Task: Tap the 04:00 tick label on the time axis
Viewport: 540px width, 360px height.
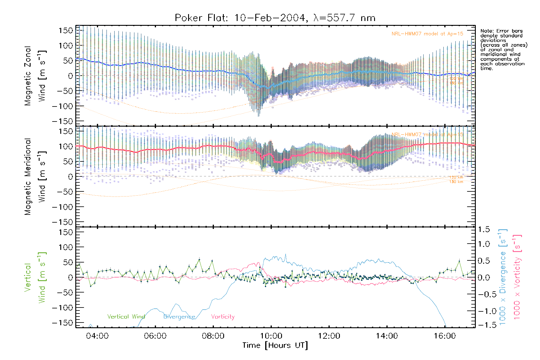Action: click(x=97, y=336)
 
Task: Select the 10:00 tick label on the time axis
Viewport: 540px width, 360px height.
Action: click(x=271, y=336)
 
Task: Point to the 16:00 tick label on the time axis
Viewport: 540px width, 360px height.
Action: click(x=445, y=336)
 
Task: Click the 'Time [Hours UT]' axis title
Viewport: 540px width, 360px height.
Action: click(x=275, y=346)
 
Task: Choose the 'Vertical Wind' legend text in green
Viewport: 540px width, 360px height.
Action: click(x=126, y=316)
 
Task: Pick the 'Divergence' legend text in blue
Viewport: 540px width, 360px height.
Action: click(x=179, y=316)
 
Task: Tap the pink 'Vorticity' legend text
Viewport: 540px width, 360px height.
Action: click(x=223, y=316)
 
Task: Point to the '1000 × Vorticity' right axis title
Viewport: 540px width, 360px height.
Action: click(x=517, y=277)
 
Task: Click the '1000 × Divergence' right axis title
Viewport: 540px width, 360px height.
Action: click(x=503, y=277)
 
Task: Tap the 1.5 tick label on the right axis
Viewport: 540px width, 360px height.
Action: click(x=484, y=229)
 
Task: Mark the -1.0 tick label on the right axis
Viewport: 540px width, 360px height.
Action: click(x=484, y=311)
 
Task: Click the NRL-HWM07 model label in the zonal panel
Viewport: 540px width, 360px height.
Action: click(x=427, y=34)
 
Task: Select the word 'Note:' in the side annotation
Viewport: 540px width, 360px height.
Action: click(x=485, y=31)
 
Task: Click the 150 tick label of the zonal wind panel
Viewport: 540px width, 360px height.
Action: click(x=66, y=31)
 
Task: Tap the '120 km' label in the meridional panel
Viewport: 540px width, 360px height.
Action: click(x=456, y=177)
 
